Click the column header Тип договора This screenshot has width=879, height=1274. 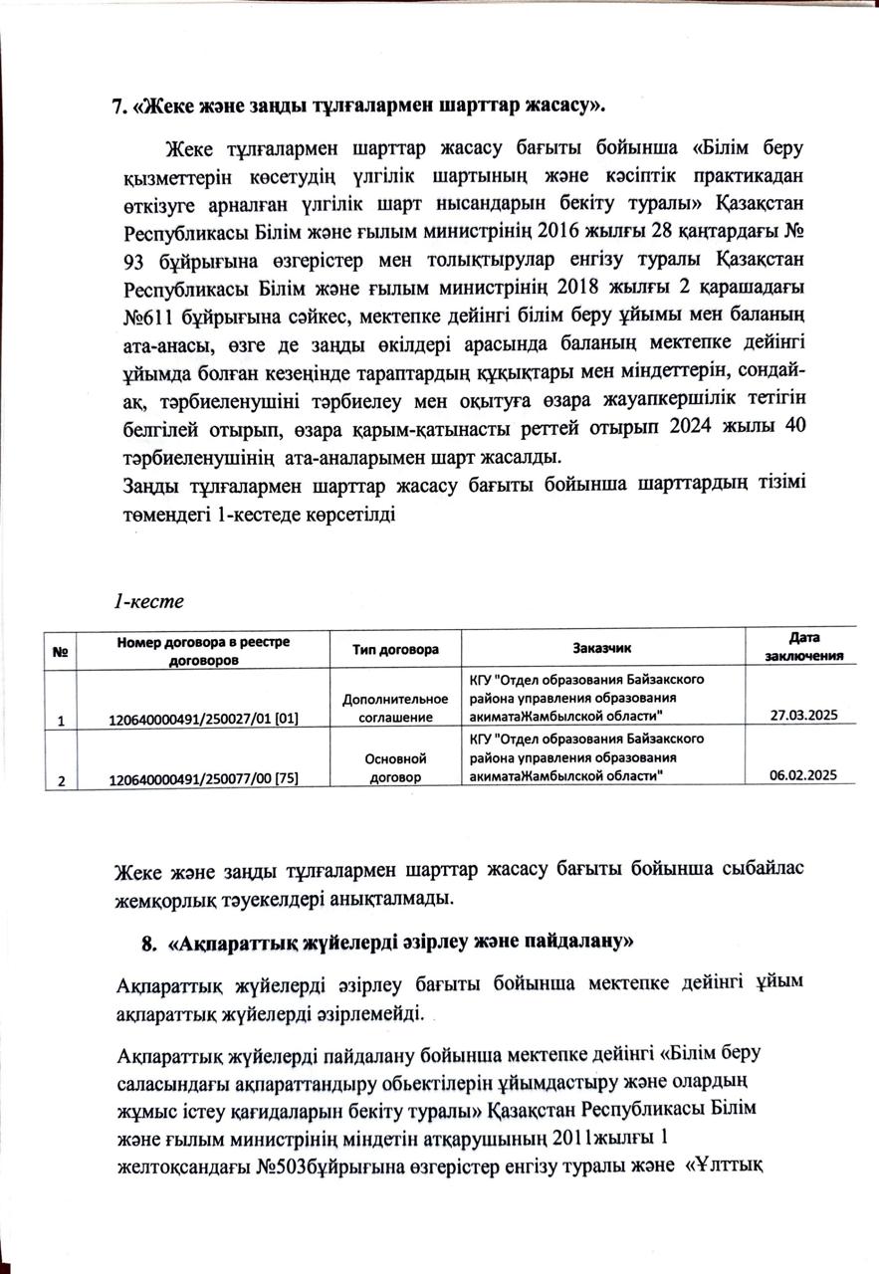click(396, 649)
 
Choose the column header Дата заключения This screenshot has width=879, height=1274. click(804, 646)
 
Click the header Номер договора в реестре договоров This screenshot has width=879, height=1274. click(203, 649)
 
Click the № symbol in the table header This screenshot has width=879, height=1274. click(60, 652)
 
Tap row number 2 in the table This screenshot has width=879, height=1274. click(61, 780)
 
